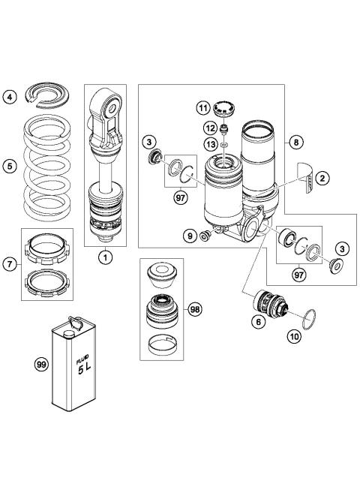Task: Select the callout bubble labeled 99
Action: [x=41, y=365]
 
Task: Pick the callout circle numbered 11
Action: [x=203, y=108]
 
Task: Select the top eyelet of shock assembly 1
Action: [x=106, y=106]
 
